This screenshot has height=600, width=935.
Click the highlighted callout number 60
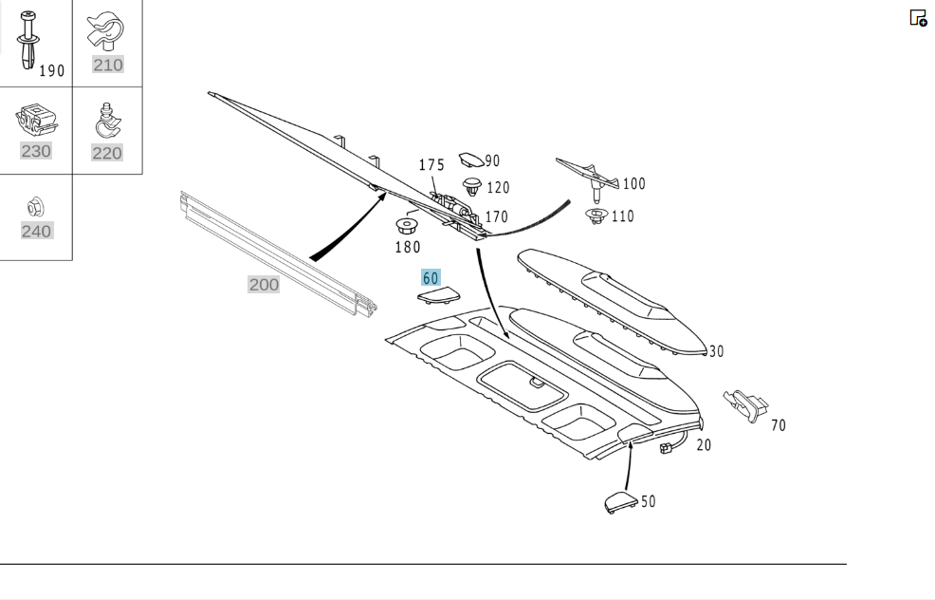pos(430,277)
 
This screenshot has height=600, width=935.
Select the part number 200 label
pos(264,284)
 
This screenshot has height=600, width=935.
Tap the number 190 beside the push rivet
pos(52,71)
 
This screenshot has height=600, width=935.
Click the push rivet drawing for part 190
pos(27,40)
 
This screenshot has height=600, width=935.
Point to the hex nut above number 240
pos(36,207)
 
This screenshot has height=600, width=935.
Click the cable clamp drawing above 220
pos(108,122)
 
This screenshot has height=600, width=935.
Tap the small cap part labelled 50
pos(621,502)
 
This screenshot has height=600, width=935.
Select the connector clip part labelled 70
pos(745,405)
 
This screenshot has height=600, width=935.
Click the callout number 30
pos(716,351)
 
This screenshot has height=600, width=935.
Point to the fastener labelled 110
pos(596,216)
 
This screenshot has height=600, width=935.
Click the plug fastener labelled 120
pos(473,186)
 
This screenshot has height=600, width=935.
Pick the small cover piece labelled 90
pos(471,159)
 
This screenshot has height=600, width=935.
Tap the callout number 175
pos(431,165)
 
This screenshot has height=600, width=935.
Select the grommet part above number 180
pos(407,227)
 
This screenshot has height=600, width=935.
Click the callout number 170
pos(496,216)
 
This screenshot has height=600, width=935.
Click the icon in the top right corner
pos(918,18)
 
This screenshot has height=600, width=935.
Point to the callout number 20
pos(704,445)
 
